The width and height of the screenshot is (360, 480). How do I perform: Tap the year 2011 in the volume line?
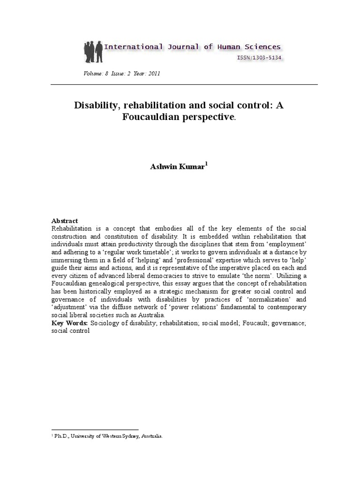point(154,74)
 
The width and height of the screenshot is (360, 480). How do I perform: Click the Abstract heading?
point(65,221)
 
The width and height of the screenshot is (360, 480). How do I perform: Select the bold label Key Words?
point(70,323)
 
